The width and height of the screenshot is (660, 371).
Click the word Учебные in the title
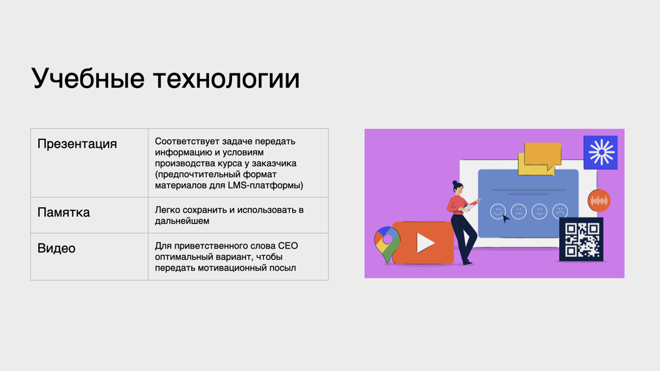click(x=88, y=79)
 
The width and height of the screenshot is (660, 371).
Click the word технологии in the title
click(x=226, y=79)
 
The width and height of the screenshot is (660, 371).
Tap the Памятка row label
click(x=63, y=212)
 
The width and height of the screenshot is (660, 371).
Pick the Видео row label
click(x=56, y=248)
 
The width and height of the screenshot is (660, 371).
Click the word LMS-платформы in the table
click(x=265, y=185)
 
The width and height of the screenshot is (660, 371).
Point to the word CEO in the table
click(x=288, y=246)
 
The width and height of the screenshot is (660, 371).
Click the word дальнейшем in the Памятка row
click(x=182, y=221)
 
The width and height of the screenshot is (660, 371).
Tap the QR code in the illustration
click(x=581, y=239)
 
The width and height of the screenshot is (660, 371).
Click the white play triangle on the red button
click(x=425, y=242)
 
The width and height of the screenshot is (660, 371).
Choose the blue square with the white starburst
click(x=600, y=152)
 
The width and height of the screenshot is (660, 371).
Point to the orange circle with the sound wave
click(x=599, y=201)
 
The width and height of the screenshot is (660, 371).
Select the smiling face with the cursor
click(x=498, y=211)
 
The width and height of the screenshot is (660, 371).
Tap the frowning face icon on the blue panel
click(x=560, y=211)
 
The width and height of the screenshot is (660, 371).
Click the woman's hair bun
click(x=455, y=183)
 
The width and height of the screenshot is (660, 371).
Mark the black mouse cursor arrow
click(x=506, y=218)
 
